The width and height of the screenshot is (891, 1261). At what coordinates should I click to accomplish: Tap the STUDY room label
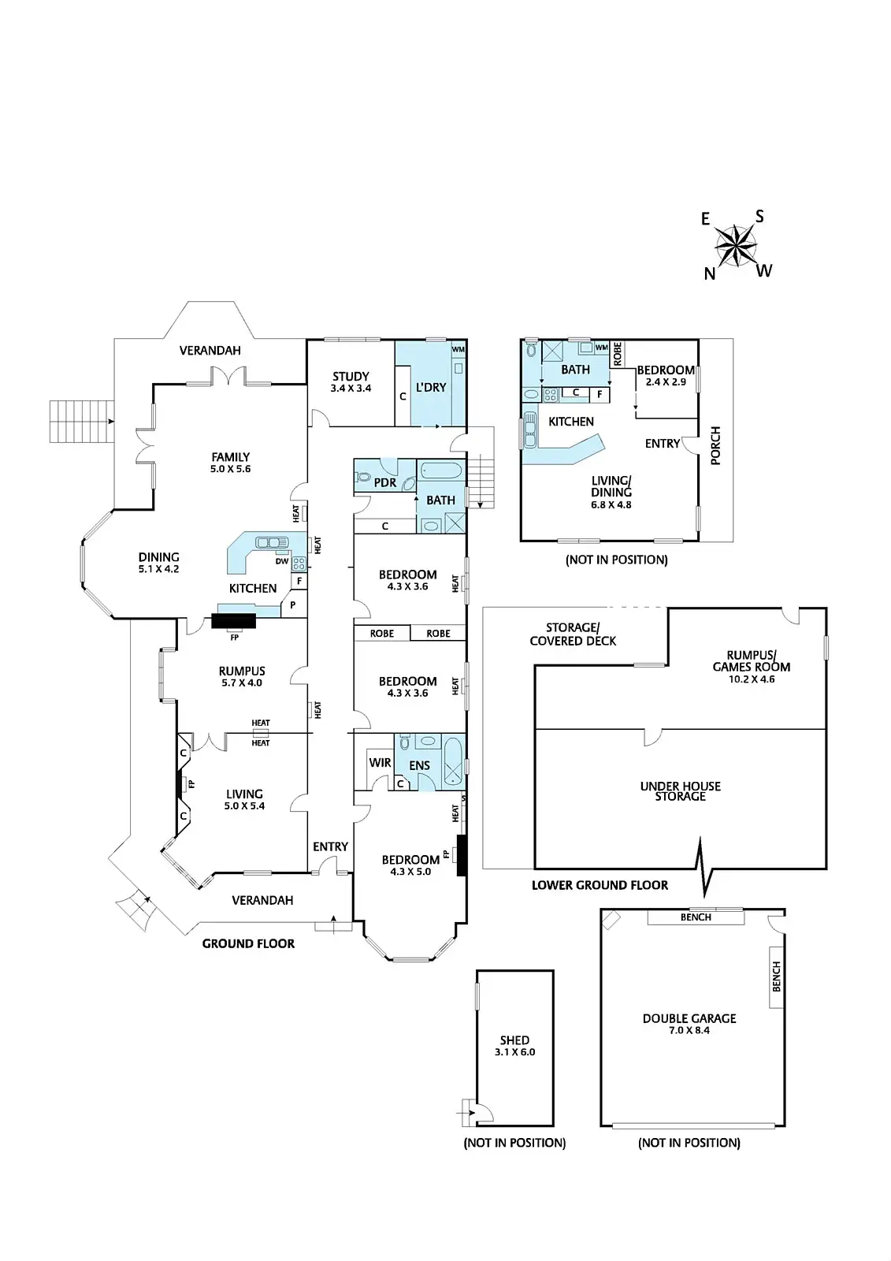351,376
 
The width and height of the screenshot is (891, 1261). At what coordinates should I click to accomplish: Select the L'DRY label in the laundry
431,387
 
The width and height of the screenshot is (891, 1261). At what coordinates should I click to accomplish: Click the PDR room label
385,482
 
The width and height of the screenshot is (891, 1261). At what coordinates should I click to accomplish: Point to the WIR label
380,762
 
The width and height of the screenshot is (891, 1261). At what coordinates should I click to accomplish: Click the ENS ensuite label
420,765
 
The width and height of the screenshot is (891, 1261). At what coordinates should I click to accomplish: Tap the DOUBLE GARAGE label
689,1018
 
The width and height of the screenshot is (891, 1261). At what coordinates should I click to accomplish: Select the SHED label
514,1040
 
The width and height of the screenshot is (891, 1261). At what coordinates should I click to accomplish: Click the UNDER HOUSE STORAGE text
680,791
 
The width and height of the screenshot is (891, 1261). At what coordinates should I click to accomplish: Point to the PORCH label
716,445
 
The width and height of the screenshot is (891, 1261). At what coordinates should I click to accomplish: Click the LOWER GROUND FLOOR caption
600,885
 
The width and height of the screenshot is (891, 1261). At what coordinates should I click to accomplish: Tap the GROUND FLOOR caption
248,943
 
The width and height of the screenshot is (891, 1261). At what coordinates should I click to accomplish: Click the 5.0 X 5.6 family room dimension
231,469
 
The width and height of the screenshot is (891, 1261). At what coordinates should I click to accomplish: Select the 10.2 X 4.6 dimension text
752,679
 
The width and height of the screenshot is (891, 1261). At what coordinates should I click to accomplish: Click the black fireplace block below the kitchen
234,621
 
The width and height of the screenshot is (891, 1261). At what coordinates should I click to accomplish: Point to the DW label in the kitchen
282,562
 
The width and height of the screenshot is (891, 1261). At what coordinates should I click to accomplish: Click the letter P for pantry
293,605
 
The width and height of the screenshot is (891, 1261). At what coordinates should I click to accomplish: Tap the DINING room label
159,556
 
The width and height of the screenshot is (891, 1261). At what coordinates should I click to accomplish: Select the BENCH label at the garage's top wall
696,917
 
